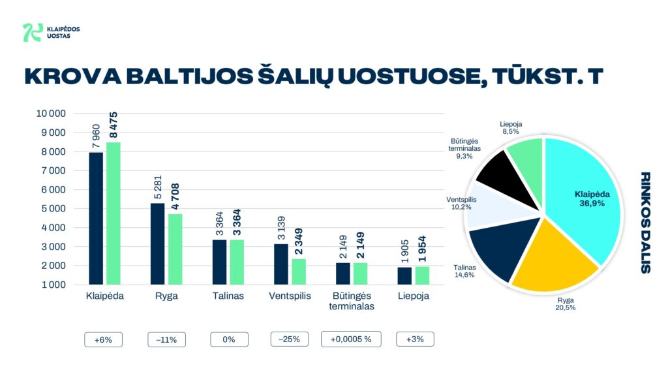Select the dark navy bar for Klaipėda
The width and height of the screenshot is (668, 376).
tap(96, 219)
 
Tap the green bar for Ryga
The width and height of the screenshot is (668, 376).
tap(175, 249)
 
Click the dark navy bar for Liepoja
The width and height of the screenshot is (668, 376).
tap(404, 276)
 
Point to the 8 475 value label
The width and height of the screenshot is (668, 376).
tap(114, 124)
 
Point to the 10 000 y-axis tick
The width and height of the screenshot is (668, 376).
tap(51, 114)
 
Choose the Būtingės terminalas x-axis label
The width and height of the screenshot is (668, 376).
tap(351, 301)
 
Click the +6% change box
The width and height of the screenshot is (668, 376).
tap(103, 339)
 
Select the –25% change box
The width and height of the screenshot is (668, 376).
tap(290, 339)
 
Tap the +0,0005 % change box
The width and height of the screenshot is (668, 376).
tap(351, 339)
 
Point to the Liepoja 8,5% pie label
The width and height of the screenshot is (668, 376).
tap(511, 127)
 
